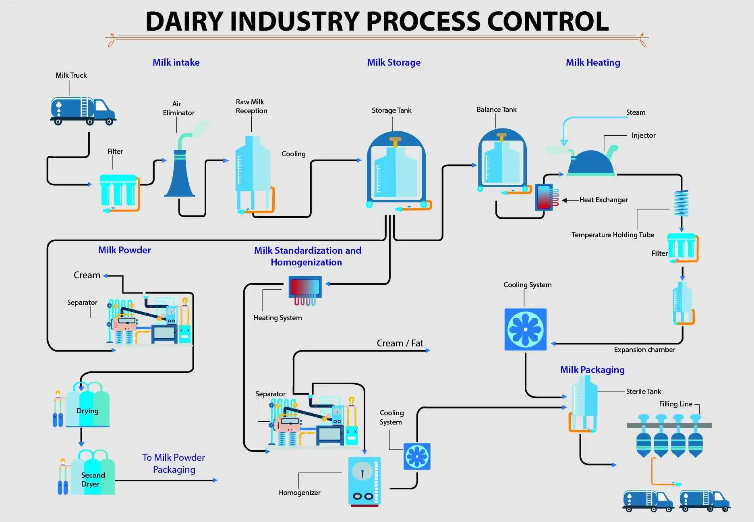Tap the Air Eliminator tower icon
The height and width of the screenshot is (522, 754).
point(180,173)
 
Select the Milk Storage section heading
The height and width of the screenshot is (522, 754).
point(394,62)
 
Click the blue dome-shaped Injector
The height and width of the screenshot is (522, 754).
point(591,163)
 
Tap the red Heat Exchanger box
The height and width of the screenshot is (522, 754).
point(544,197)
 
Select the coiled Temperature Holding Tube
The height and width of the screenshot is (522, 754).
point(681,203)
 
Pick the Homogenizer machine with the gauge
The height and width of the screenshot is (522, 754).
point(364,481)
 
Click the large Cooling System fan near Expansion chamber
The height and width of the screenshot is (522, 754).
point(525,329)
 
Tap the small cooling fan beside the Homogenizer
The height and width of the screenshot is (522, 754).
point(417,456)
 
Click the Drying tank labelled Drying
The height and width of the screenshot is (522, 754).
point(87,407)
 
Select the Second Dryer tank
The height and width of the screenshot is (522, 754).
point(93,475)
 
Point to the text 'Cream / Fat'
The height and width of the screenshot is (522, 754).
point(400,343)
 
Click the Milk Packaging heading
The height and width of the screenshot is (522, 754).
point(592,370)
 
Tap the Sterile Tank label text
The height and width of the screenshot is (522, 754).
point(643,391)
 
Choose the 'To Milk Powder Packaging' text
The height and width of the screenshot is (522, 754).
point(174,463)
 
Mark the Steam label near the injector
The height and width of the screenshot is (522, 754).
point(636,112)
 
